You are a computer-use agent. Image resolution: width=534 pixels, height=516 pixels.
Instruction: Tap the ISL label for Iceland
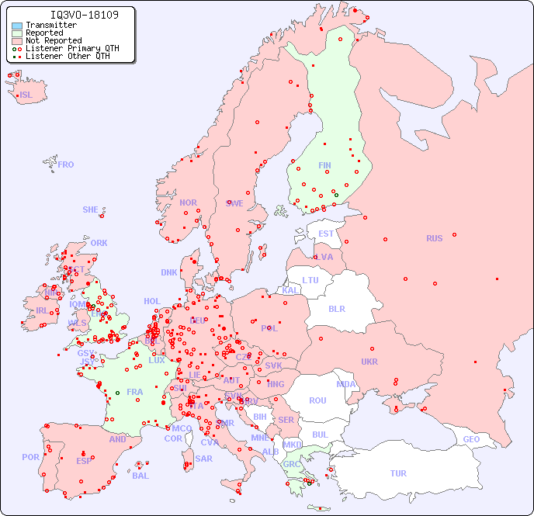tap(26, 95)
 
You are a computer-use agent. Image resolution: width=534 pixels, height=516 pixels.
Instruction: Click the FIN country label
tap(324, 165)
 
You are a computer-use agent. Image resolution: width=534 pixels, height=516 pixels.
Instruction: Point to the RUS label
tap(434, 238)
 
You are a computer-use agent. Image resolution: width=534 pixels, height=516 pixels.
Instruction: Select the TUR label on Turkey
tap(398, 473)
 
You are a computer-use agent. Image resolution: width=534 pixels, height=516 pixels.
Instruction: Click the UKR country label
tap(369, 362)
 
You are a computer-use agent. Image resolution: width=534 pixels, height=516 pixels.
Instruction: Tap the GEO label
tap(471, 439)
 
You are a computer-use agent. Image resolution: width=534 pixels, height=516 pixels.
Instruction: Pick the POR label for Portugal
tap(30, 457)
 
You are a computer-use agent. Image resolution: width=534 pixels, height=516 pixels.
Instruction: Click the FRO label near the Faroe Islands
tap(66, 164)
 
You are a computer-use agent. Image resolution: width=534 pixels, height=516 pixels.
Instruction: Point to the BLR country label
tap(336, 308)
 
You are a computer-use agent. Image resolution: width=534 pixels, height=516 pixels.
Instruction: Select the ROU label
tap(317, 400)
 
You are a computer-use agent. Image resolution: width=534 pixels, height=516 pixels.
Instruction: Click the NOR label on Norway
tap(188, 203)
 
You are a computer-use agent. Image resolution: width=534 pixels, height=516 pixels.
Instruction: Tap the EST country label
tap(326, 234)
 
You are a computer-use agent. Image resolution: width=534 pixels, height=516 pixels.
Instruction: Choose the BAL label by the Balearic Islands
tap(140, 476)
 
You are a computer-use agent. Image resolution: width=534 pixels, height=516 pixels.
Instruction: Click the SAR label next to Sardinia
tap(203, 459)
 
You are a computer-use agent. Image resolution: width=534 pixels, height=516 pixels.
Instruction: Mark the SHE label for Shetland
tap(91, 210)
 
